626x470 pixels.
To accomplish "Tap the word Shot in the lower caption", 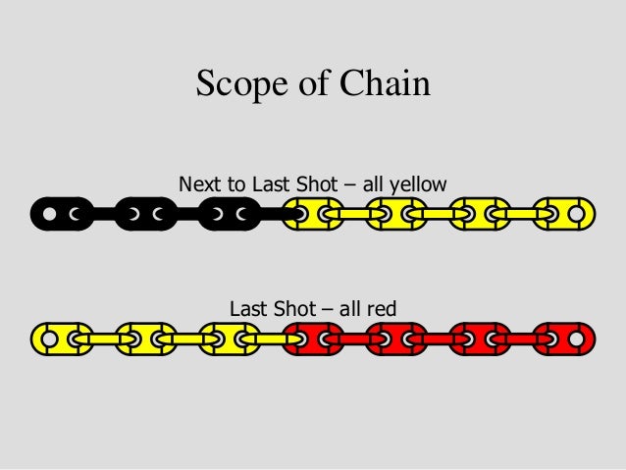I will [293, 310].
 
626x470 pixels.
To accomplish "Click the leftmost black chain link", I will [62, 212].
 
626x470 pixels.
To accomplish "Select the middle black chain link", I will [145, 212].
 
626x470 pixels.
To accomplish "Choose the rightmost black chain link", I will [229, 212].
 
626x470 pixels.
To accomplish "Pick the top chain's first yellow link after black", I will [313, 212].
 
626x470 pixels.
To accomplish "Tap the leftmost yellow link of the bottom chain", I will [62, 339].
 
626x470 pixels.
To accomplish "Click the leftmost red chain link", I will [313, 339].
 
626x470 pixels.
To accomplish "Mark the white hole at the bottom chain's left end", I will [46, 339].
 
